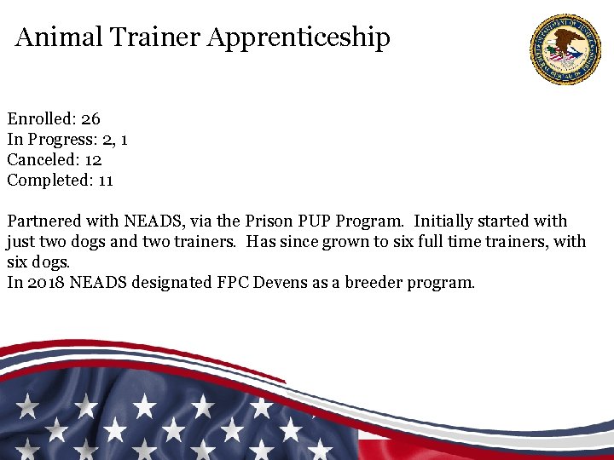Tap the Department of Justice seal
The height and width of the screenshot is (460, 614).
coord(565,49)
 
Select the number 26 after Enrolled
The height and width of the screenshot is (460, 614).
coord(90,118)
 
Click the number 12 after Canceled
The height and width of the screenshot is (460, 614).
coord(94,159)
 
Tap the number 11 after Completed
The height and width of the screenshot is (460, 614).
coord(106,180)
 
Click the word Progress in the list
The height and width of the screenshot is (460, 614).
coord(60,139)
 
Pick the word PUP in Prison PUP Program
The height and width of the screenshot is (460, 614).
coord(314,221)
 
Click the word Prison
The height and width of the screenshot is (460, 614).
coord(269,221)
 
